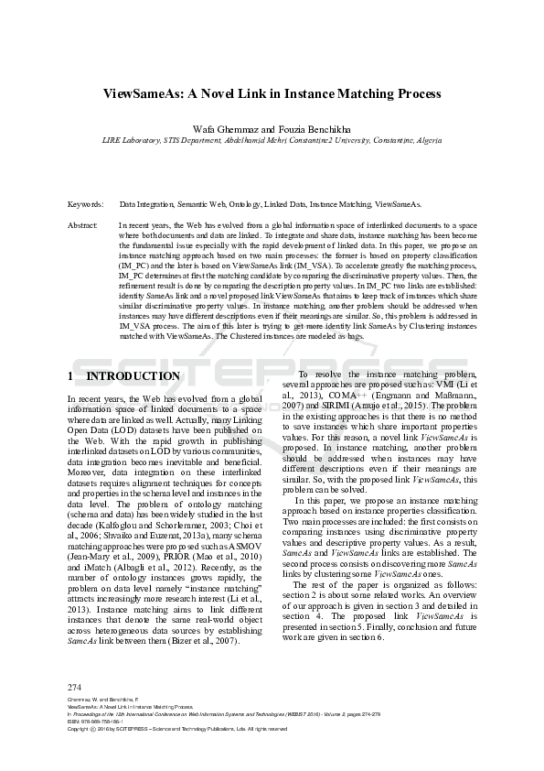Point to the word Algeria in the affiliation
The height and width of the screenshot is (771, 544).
click(x=424, y=140)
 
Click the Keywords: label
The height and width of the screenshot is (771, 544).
click(x=85, y=204)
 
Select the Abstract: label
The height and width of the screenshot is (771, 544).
click(x=83, y=224)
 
